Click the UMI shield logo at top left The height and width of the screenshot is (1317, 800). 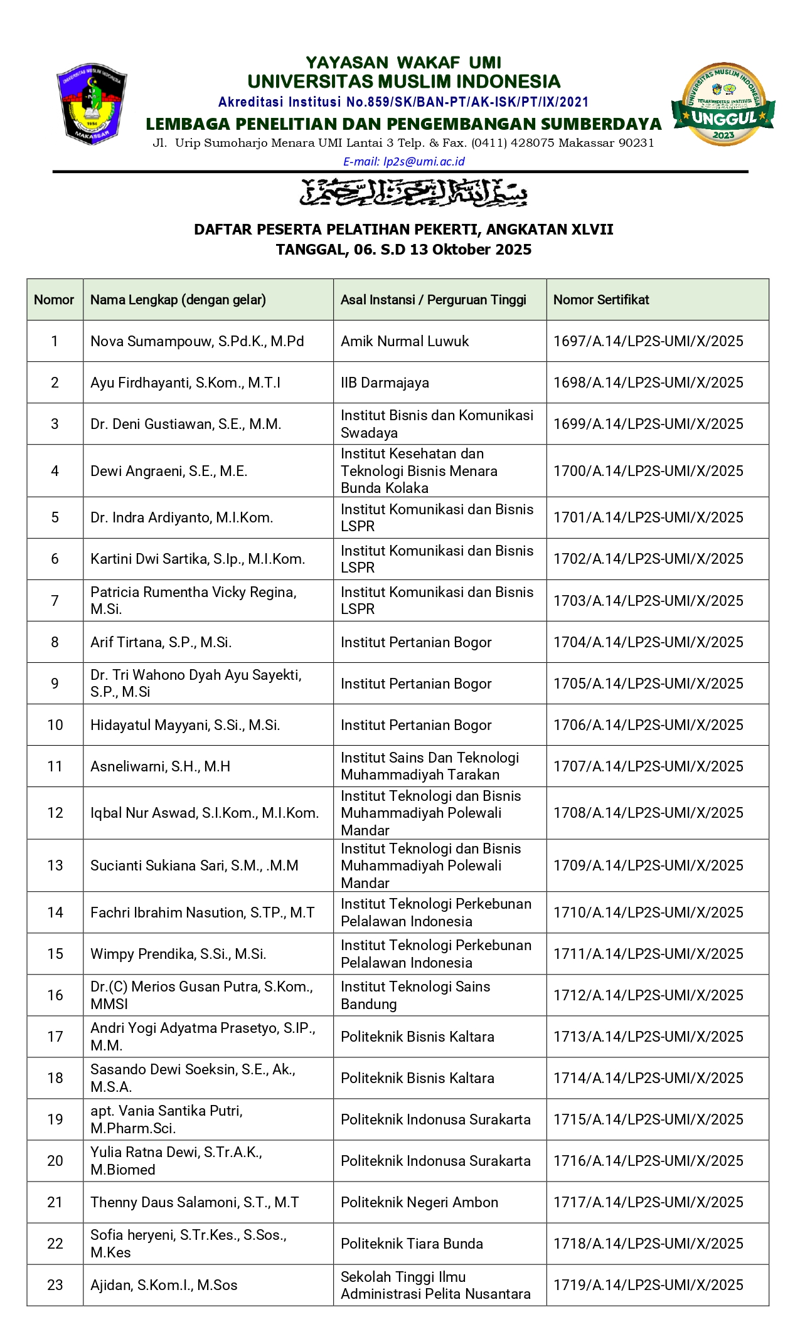92,103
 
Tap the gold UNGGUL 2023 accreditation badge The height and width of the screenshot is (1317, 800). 723,105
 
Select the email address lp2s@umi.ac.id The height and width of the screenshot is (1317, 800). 403,161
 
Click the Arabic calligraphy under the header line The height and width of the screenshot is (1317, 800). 413,193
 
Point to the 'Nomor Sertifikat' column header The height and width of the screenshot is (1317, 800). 600,300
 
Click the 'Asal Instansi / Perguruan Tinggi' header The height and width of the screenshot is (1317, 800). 433,300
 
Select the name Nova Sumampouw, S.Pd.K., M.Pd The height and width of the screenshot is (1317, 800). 197,341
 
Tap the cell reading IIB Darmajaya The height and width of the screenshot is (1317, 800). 385,383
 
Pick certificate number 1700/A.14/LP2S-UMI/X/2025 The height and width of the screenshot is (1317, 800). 648,471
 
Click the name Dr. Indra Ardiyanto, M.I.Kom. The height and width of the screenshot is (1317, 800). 181,517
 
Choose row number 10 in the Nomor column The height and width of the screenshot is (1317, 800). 55,725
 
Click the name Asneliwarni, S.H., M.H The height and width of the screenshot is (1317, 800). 160,766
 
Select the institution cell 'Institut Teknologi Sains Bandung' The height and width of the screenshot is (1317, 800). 415,995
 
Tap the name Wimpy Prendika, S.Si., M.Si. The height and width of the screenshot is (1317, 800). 178,954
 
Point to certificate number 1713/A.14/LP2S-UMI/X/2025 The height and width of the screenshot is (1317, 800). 648,1037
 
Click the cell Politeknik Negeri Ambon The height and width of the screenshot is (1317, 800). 419,1202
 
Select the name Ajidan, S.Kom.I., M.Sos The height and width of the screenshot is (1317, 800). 164,1285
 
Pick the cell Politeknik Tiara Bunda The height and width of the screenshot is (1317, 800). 412,1244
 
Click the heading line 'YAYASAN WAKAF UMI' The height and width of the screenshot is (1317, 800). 403,63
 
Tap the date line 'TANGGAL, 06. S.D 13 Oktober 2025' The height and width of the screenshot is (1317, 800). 403,250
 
